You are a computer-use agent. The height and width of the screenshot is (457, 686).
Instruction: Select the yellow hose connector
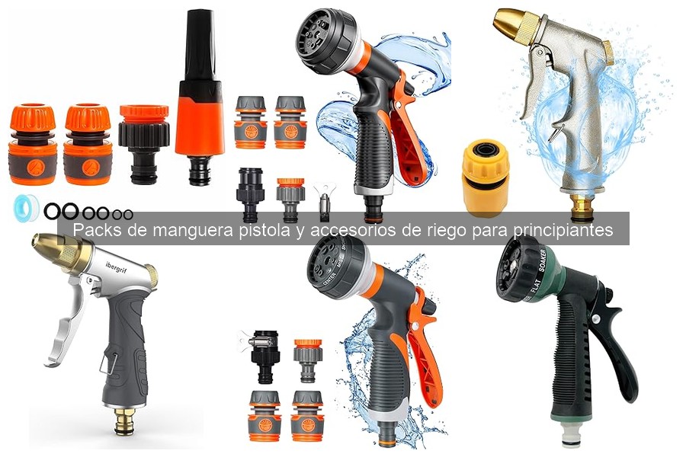point(486,177)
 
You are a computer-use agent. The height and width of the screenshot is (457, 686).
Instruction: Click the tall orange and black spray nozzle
point(199,99)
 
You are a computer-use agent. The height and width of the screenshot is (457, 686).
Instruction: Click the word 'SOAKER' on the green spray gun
point(547,264)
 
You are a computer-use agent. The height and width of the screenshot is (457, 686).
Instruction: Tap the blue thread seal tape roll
point(26,207)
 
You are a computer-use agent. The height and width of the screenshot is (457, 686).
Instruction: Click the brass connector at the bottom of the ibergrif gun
point(124,420)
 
